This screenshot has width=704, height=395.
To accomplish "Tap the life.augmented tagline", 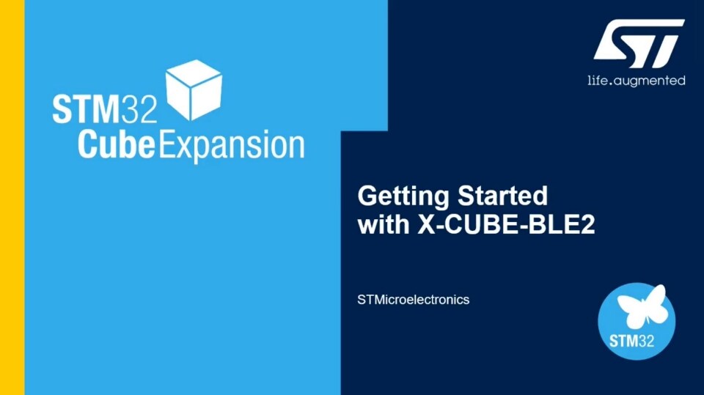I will [636, 80].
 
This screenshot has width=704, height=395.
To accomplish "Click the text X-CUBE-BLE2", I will [506, 225].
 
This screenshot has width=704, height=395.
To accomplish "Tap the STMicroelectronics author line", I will [413, 300].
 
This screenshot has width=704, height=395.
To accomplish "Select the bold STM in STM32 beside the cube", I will [85, 109].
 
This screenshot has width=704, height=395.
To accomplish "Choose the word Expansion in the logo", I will [231, 146].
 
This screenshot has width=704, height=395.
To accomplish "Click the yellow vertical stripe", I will [12, 198].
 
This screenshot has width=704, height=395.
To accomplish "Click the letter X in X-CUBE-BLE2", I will [427, 225].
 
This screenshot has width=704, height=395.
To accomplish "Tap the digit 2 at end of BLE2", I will [586, 225].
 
